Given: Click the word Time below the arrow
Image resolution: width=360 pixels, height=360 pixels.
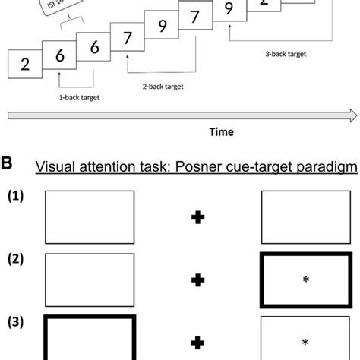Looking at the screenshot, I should click(x=221, y=131).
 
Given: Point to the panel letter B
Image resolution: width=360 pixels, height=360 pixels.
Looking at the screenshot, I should click(x=7, y=162).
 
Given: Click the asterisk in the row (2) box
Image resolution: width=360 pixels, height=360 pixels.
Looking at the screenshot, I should click(x=308, y=280).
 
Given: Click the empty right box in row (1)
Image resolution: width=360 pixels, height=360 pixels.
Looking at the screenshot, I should click(x=307, y=218).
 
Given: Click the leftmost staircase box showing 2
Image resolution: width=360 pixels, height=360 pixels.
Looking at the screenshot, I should click(x=25, y=63).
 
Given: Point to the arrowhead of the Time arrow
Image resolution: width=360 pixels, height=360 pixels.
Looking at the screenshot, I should click(x=352, y=115).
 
